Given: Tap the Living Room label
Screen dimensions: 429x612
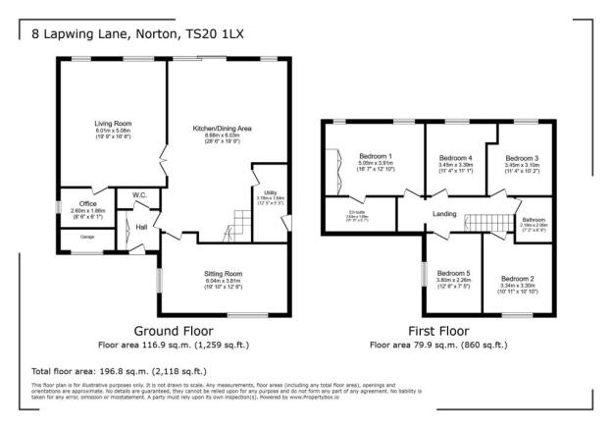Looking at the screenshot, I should (x=112, y=124).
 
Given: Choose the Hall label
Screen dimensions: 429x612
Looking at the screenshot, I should (x=141, y=227).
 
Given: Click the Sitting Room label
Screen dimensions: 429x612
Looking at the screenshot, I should (x=226, y=272).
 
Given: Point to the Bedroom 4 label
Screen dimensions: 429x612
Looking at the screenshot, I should (x=455, y=158).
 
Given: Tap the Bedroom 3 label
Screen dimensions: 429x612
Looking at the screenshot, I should (x=522, y=158).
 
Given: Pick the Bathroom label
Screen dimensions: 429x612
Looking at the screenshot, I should (x=535, y=219).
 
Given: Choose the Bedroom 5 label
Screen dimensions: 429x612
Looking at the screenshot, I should (x=453, y=273).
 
